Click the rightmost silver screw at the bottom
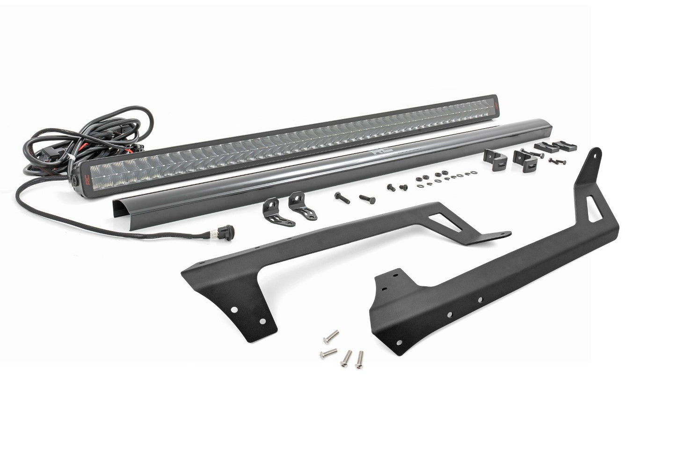(359, 358)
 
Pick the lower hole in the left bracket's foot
(262, 322)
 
